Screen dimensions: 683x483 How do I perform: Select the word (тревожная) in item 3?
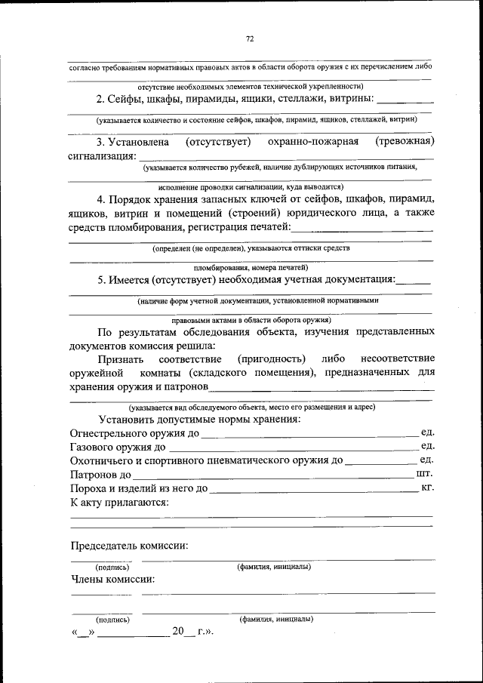coord(405,141)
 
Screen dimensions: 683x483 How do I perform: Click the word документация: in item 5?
coord(356,279)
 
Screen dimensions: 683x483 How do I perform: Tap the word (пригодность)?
coord(271,358)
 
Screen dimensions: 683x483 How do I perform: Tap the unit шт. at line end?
coord(424,474)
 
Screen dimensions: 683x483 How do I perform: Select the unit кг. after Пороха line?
coord(427,488)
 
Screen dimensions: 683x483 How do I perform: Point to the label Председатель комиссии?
coord(129,545)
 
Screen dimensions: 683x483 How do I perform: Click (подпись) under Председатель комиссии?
coord(112,566)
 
